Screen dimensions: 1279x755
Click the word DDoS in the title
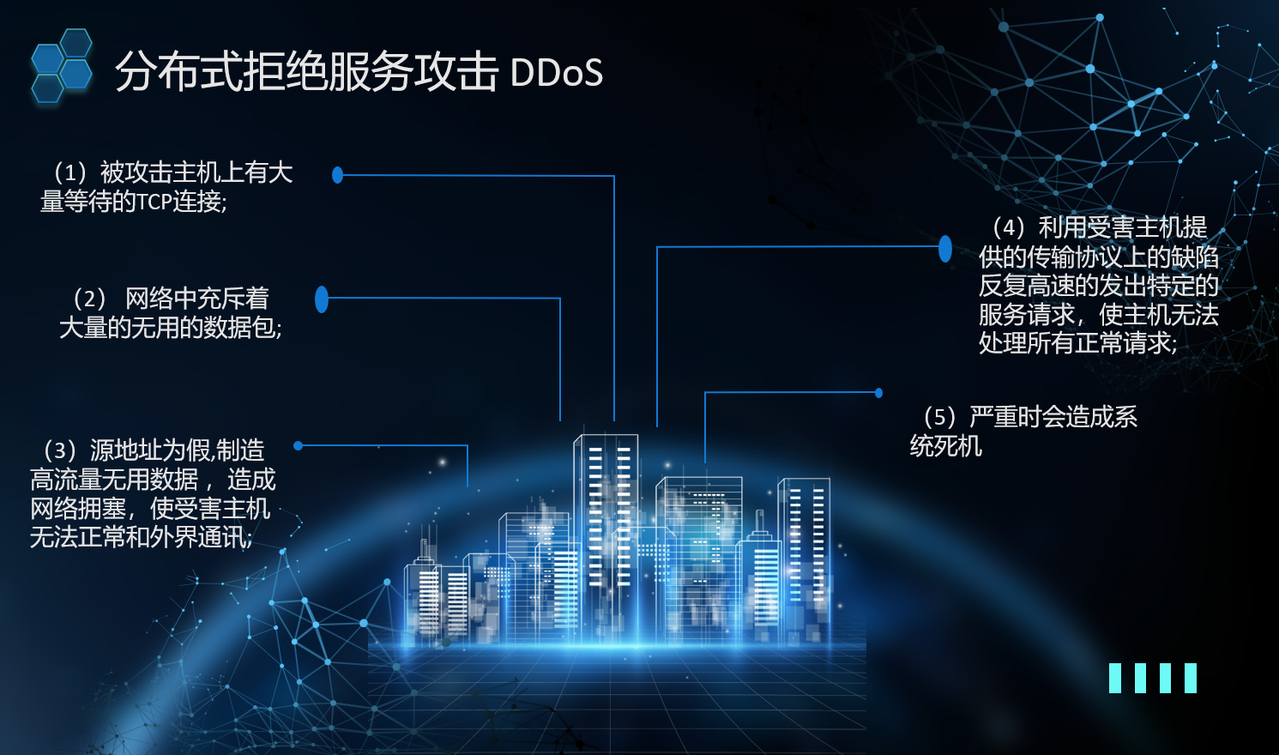click(556, 74)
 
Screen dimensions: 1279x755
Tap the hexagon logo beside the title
click(62, 66)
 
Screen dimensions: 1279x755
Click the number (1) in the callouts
click(70, 172)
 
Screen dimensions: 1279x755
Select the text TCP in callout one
click(154, 202)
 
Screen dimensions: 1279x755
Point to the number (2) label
click(89, 299)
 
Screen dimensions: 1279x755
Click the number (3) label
click(60, 450)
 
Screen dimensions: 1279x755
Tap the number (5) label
click(939, 417)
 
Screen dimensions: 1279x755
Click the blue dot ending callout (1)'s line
click(337, 175)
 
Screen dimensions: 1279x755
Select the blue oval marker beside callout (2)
click(322, 299)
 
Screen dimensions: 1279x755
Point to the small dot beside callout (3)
click(298, 445)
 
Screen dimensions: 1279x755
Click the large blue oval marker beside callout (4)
click(944, 248)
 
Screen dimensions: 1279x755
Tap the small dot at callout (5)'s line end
click(878, 393)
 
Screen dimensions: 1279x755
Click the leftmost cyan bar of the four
click(1115, 678)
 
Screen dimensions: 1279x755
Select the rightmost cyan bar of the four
click(1190, 678)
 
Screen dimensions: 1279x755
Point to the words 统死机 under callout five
click(945, 446)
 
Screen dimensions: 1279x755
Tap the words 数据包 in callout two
click(239, 328)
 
